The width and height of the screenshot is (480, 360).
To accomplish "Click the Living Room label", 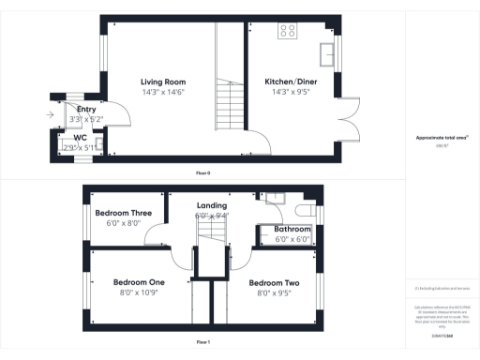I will coord(160,82).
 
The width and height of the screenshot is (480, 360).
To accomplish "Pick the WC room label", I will coord(82,137).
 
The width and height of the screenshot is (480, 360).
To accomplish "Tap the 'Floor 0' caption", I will coord(202,173).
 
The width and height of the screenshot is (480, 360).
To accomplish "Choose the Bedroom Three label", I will coord(124,213).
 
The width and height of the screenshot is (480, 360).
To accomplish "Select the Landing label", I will coord(211,205).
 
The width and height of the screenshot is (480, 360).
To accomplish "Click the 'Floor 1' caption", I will coord(202,343).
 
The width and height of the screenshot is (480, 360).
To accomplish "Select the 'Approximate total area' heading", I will coord(441,138).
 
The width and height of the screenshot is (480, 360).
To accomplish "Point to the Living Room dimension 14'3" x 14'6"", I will coord(160,93).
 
